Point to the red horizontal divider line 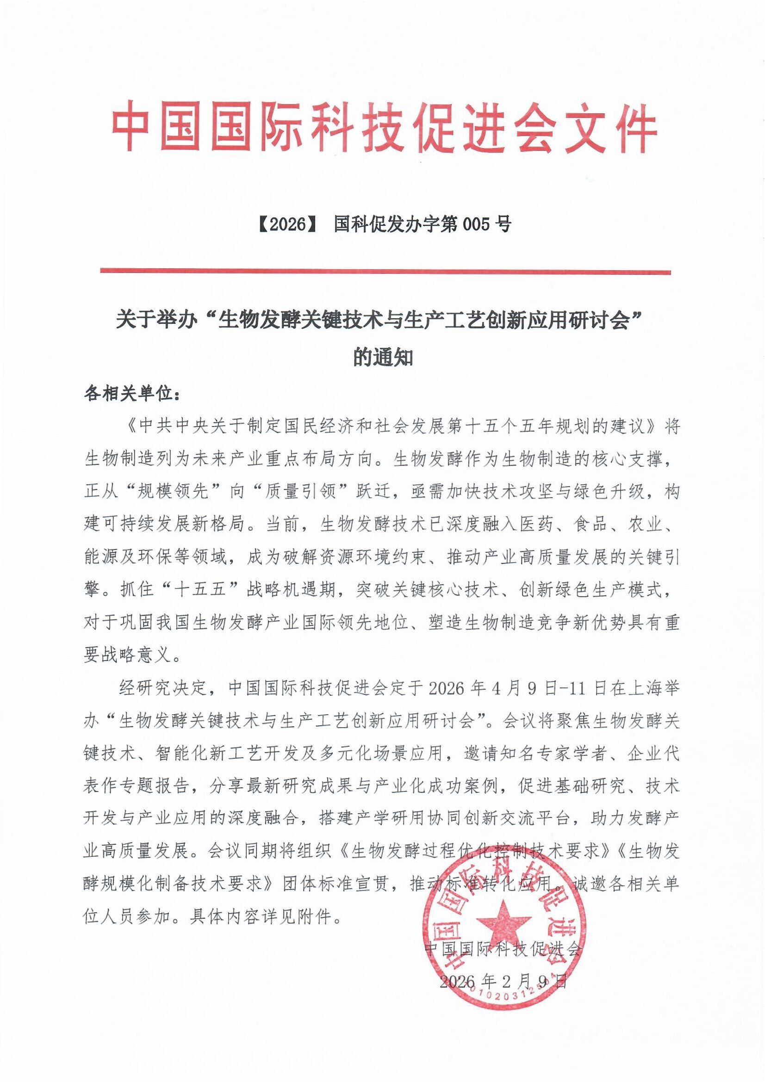coord(386,272)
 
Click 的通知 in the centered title coord(383,358)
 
